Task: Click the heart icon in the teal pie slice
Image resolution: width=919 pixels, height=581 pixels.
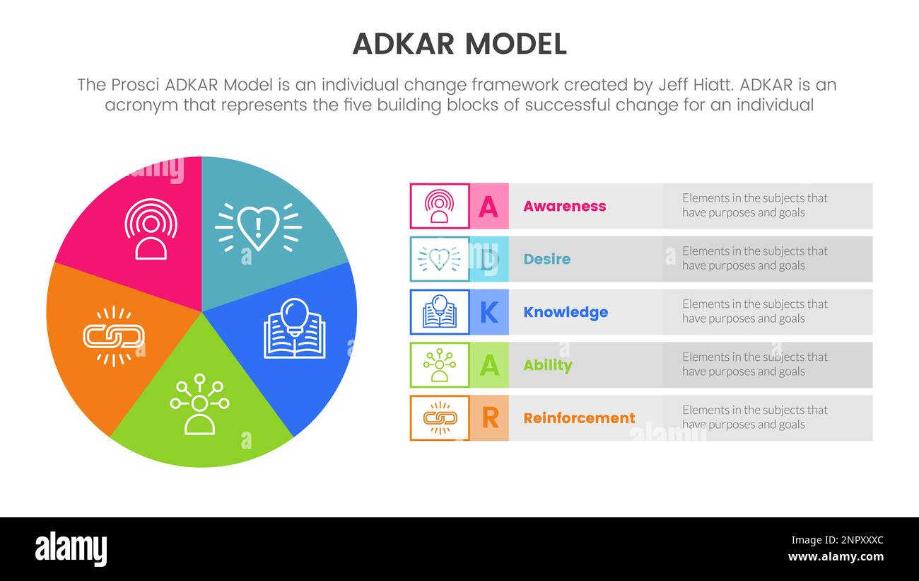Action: pyautogui.click(x=258, y=227)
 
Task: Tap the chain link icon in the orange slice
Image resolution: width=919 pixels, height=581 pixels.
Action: pyautogui.click(x=114, y=336)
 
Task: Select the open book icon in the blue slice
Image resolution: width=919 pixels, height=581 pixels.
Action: pyautogui.click(x=295, y=328)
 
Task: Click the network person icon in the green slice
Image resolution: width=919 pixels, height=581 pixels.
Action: pyautogui.click(x=199, y=403)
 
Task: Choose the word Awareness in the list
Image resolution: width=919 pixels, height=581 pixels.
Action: pyautogui.click(x=564, y=206)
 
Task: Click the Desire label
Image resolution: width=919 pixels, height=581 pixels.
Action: pyautogui.click(x=546, y=259)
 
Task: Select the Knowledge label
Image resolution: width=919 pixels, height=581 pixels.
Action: pyautogui.click(x=565, y=312)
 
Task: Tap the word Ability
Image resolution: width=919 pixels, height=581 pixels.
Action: pyautogui.click(x=547, y=365)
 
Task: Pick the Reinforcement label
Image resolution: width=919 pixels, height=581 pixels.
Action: pyautogui.click(x=579, y=418)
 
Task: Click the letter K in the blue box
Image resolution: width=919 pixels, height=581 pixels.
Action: pyautogui.click(x=489, y=312)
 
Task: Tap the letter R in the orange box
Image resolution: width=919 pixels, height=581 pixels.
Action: pyautogui.click(x=489, y=418)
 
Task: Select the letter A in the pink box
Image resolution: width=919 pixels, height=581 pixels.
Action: pyautogui.click(x=488, y=206)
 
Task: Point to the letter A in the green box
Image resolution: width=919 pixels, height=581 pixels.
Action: pyautogui.click(x=489, y=365)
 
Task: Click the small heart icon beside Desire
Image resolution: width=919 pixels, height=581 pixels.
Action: pyautogui.click(x=439, y=259)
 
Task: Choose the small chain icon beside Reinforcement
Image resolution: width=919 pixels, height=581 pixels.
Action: pyautogui.click(x=440, y=418)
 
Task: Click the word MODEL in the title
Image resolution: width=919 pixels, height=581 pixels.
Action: pyautogui.click(x=515, y=45)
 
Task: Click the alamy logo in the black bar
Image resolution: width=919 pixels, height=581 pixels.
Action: pyautogui.click(x=71, y=549)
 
